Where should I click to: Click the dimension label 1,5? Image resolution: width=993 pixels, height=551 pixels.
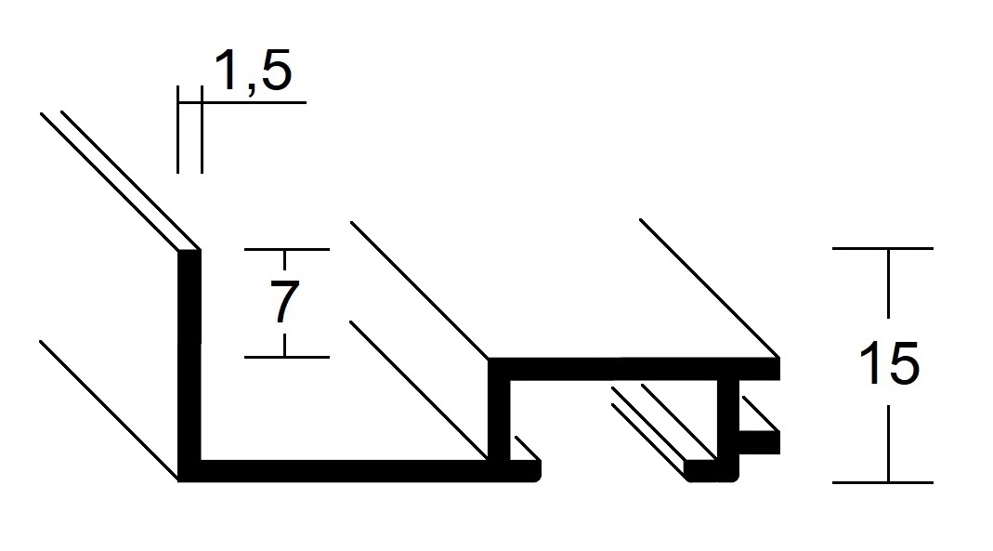tap(254, 71)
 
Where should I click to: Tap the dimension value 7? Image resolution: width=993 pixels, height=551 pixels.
tap(284, 303)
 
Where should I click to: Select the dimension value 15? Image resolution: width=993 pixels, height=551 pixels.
tap(889, 363)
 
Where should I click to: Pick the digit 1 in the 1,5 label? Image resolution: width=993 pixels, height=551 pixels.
tap(226, 70)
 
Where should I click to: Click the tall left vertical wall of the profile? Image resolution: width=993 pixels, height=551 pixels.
tap(189, 355)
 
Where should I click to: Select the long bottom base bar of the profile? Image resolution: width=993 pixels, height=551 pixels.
tap(359, 471)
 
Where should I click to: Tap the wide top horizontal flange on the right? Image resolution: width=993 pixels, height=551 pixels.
tap(634, 369)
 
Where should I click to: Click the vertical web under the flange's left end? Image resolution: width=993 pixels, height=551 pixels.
tap(499, 420)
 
